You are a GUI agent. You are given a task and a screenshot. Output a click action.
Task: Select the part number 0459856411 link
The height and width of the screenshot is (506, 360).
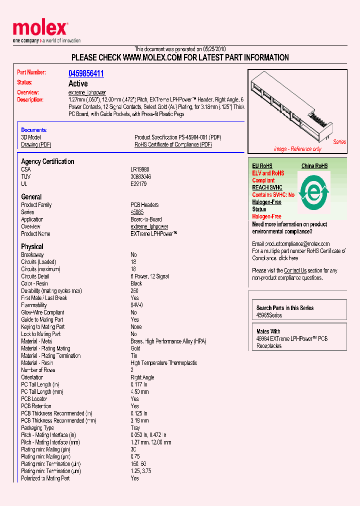pos(86,73)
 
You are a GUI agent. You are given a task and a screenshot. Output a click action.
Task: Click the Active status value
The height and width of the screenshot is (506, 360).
pos(78,83)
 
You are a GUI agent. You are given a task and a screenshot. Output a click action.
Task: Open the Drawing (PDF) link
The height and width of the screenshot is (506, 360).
pos(36,144)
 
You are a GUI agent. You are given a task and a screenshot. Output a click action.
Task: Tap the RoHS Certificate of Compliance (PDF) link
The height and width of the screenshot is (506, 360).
pos(173,144)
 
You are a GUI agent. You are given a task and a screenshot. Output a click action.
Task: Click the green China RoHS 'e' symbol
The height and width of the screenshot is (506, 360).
pos(314,191)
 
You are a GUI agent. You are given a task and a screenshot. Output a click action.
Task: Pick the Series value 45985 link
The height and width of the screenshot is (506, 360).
pos(137,212)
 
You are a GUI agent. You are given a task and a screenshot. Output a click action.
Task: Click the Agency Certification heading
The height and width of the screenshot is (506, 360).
pos(47,161)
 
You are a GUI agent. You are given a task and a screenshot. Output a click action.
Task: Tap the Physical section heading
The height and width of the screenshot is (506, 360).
pos(32,246)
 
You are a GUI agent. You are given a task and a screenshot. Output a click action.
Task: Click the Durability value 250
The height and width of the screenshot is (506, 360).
pos(134,290)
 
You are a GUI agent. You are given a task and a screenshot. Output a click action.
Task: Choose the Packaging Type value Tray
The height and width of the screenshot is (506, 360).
pos(136,428)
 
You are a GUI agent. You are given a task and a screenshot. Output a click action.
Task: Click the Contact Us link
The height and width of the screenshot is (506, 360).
pos(295,270)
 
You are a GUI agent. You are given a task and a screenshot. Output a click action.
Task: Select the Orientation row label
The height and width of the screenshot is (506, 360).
pos(32,377)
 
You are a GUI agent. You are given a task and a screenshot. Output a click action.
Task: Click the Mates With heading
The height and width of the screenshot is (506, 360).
pos(268,331)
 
